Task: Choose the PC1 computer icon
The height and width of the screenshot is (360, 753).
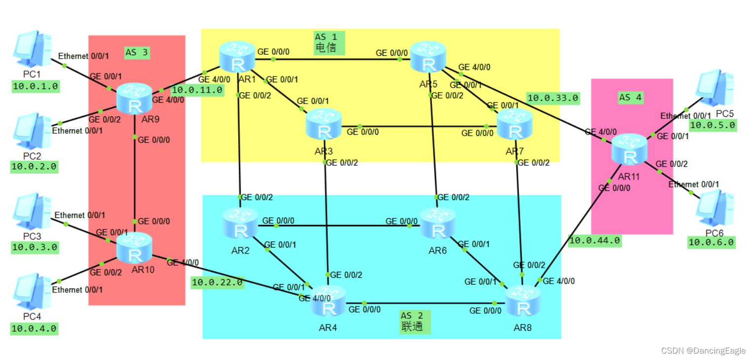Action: pos(33,49)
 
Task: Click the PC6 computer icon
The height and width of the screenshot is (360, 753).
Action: pos(714,209)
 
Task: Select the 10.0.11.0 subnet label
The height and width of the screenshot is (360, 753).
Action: pos(197,90)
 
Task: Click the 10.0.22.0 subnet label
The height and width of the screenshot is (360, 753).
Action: pos(217,282)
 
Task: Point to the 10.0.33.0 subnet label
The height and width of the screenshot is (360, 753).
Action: pos(552,98)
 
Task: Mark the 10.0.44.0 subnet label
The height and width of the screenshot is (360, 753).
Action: pos(594,241)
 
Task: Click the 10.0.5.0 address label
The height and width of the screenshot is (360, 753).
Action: pos(712,125)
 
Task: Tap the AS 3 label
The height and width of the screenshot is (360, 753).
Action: pos(137,52)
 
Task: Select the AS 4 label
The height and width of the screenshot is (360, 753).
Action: pos(630,97)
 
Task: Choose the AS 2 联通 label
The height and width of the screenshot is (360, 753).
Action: pos(415,322)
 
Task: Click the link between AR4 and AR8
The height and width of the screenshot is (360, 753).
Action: pos(424,303)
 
